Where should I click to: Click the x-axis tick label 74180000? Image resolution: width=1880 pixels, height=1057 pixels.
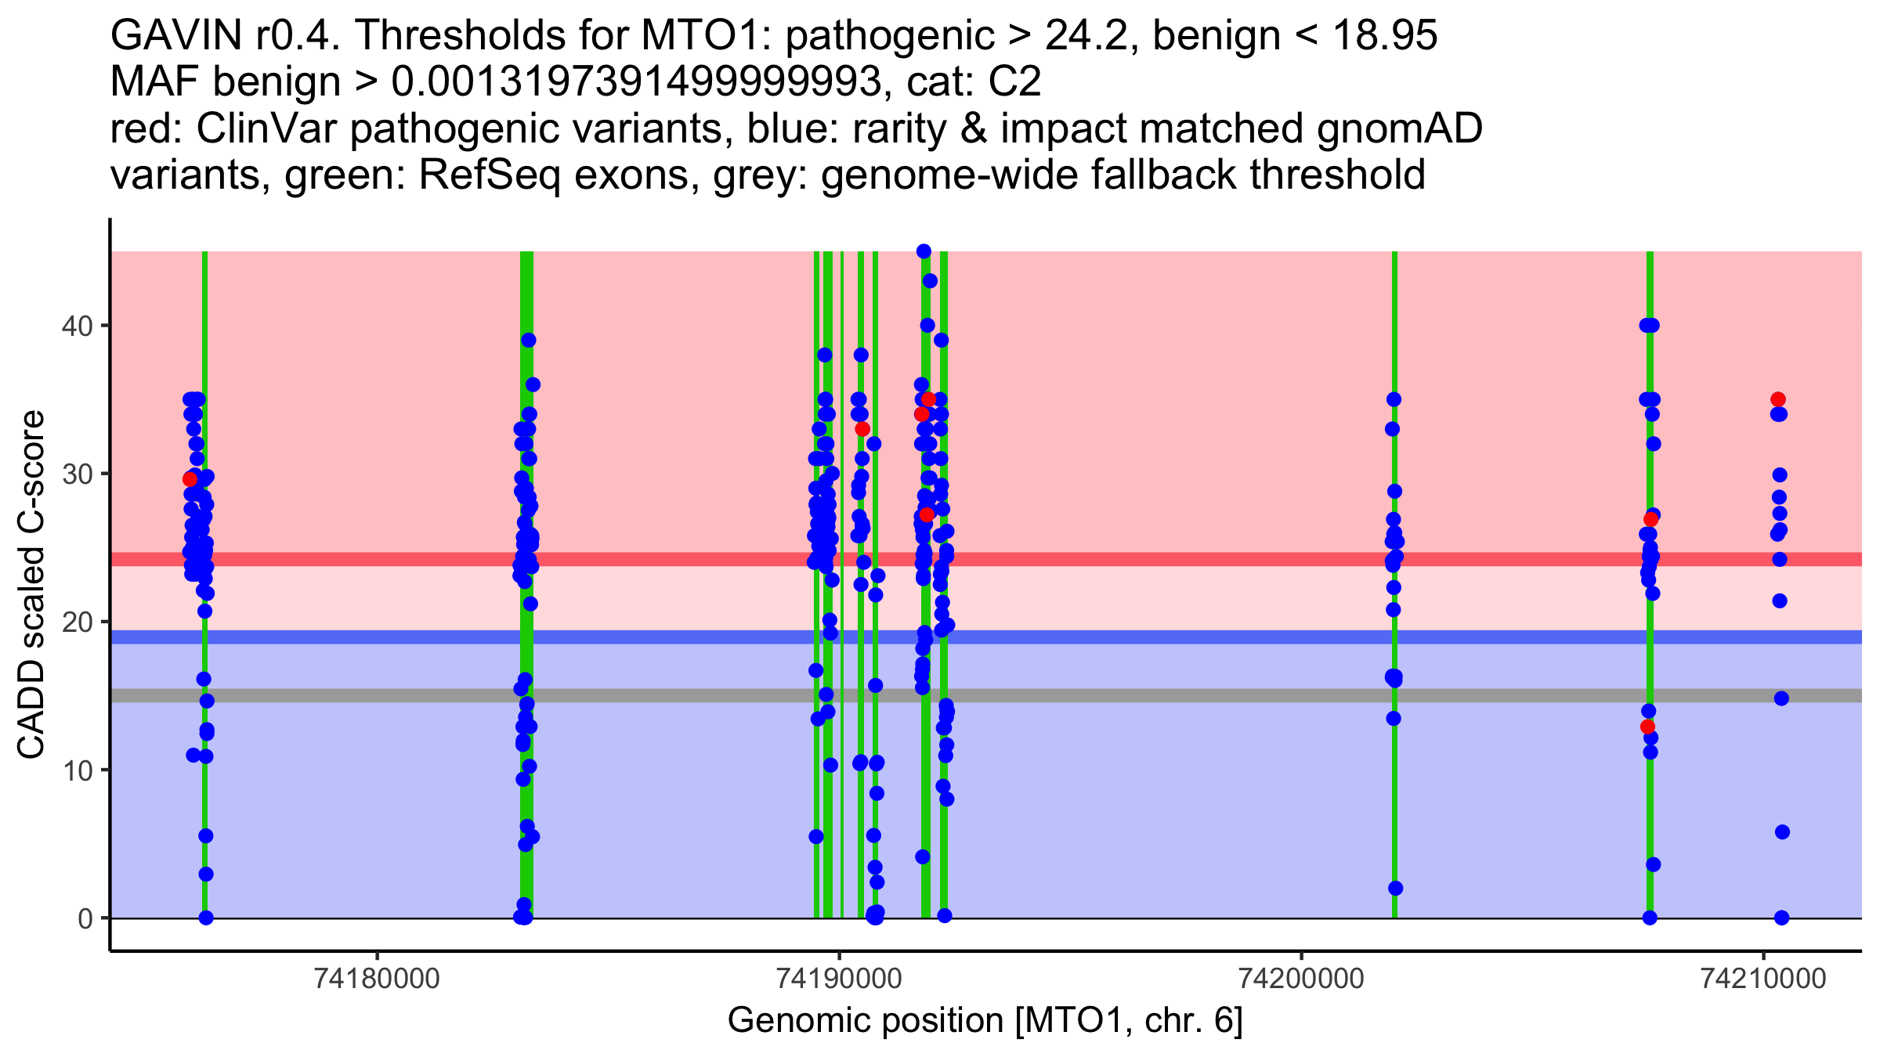[378, 979]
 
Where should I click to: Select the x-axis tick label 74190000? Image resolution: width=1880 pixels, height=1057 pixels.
[840, 979]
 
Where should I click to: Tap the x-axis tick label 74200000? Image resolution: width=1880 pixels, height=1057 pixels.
[1301, 979]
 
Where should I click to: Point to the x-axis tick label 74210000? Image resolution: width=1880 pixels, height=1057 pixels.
[1763, 979]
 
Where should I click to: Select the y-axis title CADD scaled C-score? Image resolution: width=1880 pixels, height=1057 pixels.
[31, 585]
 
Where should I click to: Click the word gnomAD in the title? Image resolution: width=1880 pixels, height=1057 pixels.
[1399, 128]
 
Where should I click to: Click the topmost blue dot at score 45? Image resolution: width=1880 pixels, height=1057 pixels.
[924, 251]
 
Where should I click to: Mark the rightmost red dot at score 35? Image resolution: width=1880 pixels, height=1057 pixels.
[1778, 399]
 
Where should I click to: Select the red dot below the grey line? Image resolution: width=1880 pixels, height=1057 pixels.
[1647, 727]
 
